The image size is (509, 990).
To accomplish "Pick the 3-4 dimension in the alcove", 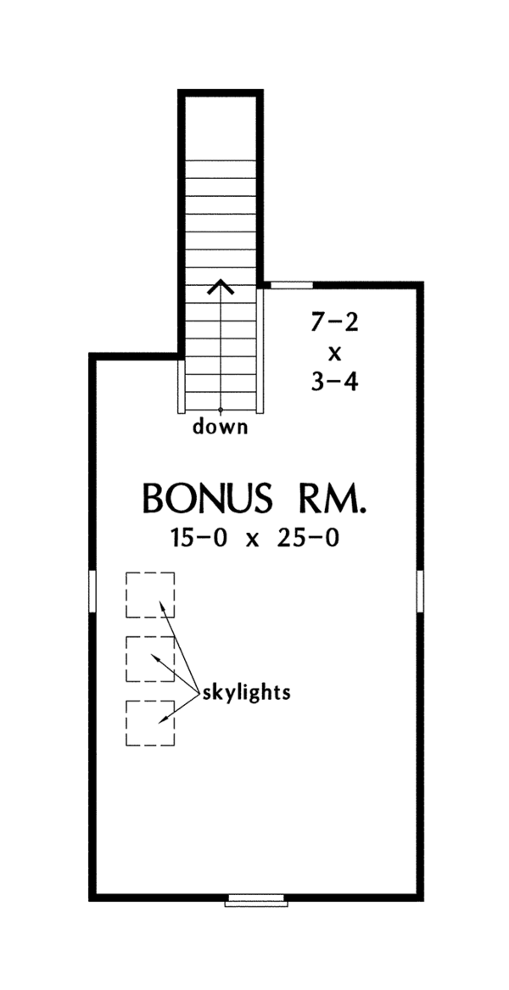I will point(334,382).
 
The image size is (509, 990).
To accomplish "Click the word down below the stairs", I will point(221,427).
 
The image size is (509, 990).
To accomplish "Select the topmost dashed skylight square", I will point(150,595).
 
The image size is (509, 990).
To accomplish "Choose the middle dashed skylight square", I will point(150,658).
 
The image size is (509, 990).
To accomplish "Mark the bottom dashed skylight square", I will point(150,723).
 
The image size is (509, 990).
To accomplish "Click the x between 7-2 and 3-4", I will point(334,352).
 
